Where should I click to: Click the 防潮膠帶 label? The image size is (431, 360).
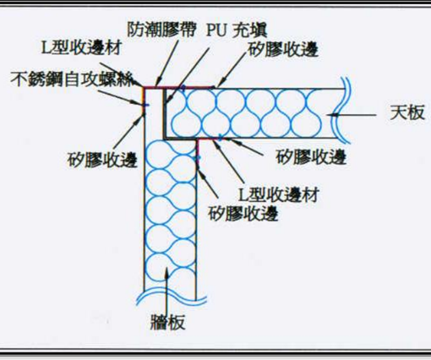tap(161, 30)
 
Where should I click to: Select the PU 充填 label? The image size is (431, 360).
tap(237, 30)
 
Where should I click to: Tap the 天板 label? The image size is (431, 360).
tap(407, 113)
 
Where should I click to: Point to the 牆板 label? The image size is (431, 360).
tap(168, 322)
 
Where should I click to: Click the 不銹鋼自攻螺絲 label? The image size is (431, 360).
tap(73, 79)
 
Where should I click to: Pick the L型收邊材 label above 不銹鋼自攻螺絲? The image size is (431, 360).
tap(82, 47)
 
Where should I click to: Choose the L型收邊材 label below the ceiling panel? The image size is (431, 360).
tap(279, 194)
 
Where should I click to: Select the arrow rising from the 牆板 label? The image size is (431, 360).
tap(167, 290)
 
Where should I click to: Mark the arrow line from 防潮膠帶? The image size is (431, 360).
tap(167, 63)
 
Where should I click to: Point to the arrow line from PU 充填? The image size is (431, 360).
tap(188, 74)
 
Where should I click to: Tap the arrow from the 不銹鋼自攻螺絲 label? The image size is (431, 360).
tap(120, 98)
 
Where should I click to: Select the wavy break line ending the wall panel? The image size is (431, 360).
tap(172, 298)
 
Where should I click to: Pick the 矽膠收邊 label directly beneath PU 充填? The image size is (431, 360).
tap(283, 50)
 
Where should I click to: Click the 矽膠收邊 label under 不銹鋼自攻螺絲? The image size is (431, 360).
tap(102, 160)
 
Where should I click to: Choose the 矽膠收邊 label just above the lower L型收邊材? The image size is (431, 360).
tap(311, 156)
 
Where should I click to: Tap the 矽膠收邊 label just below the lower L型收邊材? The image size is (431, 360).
tap(243, 213)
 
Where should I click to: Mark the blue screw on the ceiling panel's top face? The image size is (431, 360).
tap(183, 89)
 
